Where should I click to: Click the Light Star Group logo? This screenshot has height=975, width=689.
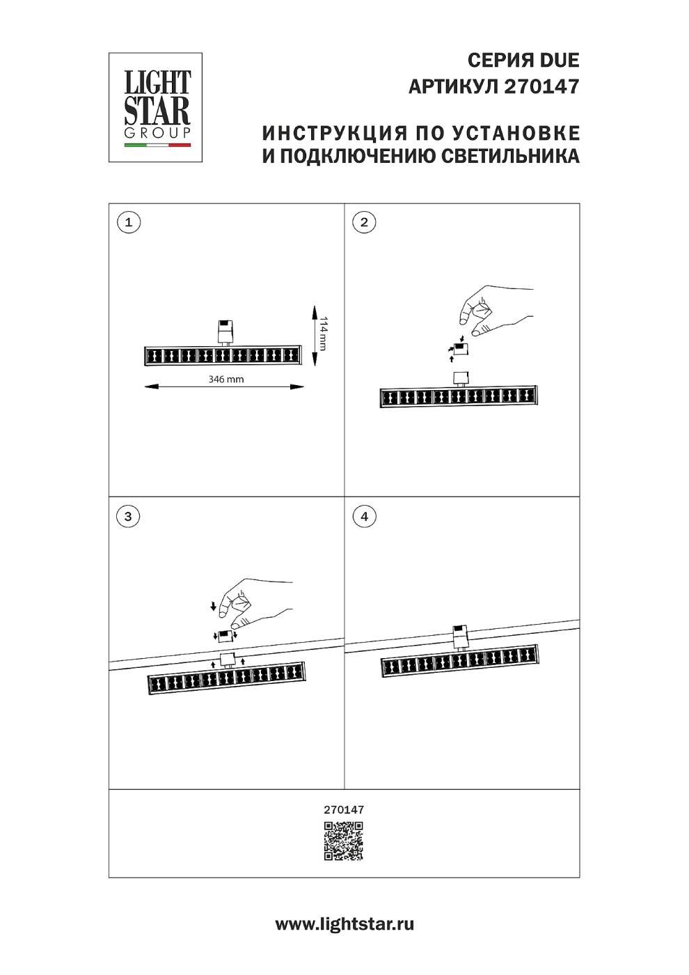click(x=156, y=107)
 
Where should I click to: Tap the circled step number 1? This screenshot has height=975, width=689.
click(x=128, y=223)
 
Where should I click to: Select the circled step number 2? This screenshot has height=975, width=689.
click(x=364, y=223)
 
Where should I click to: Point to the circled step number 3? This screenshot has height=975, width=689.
click(x=128, y=516)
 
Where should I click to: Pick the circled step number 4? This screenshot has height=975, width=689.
click(x=364, y=516)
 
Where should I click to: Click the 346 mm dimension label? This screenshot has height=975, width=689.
click(x=226, y=380)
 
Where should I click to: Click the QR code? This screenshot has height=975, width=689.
click(x=344, y=841)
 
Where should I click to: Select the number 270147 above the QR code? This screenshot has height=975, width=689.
click(x=344, y=810)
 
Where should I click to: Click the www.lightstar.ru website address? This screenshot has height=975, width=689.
click(x=344, y=925)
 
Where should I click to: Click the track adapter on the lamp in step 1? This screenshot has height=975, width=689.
click(x=225, y=331)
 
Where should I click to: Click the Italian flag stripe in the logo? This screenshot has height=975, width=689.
click(x=157, y=146)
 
